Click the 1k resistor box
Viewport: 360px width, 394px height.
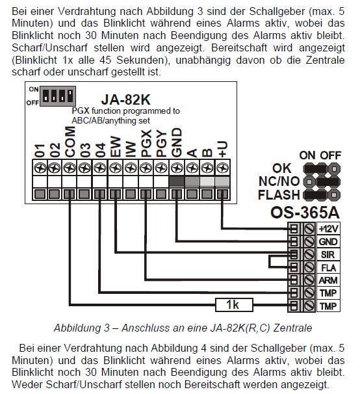pos(234,305)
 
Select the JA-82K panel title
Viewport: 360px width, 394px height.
pos(125,99)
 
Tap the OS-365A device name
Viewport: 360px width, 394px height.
pos(305,213)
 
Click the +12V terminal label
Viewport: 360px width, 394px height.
pos(328,229)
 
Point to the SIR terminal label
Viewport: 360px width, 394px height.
pos(328,255)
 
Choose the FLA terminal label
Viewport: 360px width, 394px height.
pos(328,268)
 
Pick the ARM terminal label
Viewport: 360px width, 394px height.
pos(328,280)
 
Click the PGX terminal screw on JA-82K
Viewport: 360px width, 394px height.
pos(146,168)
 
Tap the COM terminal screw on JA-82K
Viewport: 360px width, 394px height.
pos(70,168)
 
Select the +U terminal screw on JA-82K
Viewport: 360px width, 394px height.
pos(223,168)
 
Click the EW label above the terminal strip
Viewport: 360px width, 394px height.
pos(116,147)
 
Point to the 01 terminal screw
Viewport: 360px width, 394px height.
pos(40,168)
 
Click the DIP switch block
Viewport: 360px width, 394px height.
pos(58,96)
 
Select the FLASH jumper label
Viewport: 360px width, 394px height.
pos(279,195)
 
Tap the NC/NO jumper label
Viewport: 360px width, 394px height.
pos(279,181)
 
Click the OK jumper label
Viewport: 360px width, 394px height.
pos(282,168)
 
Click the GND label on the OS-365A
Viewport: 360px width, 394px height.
pos(328,242)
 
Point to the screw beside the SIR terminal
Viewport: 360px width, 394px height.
pos(309,255)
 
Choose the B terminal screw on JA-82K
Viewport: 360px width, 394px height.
pos(207,168)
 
